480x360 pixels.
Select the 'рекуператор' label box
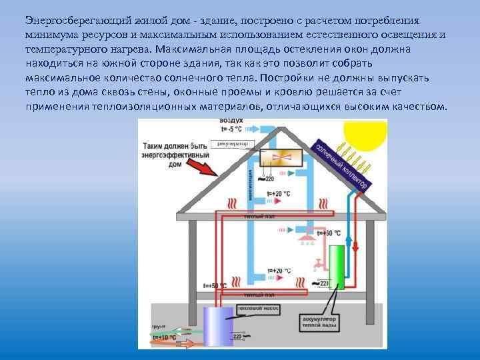[230, 143]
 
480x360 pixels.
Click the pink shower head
[307, 237]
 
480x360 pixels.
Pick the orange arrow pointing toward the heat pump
[186, 344]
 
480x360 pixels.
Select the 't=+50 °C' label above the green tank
[328, 233]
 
